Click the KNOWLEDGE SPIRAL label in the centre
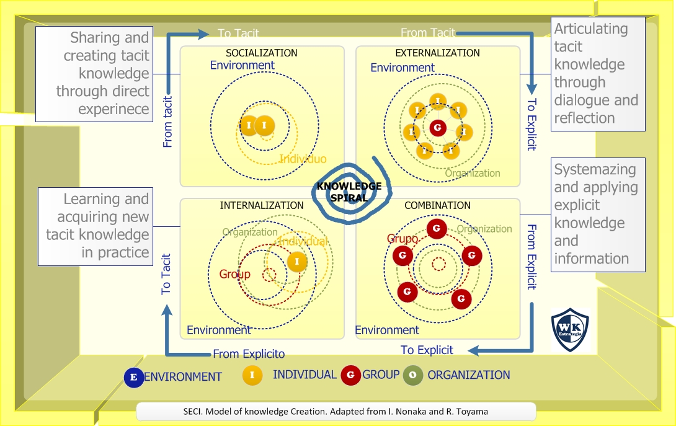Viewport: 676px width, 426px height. pos(349,192)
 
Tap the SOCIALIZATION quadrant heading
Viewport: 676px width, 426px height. pos(262,53)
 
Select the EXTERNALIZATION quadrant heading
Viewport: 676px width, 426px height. pos(437,53)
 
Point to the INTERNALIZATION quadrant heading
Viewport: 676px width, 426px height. pos(262,205)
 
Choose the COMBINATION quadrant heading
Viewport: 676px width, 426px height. pos(437,205)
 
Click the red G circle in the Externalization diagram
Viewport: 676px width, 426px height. pos(438,128)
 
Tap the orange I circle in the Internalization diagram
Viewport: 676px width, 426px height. pos(297,262)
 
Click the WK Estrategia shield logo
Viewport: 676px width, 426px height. pos(570,330)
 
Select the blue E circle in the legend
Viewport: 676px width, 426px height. pos(133,377)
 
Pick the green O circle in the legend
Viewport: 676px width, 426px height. pos(413,375)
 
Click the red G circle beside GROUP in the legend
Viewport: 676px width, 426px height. pos(351,375)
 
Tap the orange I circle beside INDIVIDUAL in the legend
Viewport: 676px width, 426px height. pos(252,375)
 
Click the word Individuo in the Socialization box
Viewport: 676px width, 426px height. pos(303,159)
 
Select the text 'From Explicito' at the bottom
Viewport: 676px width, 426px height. pos(249,354)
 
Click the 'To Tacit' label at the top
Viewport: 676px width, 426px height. pos(238,33)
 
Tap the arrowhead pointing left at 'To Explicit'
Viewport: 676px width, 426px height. pos(474,351)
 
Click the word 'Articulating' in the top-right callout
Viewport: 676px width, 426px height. pos(582,29)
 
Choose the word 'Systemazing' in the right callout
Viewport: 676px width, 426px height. pos(586,169)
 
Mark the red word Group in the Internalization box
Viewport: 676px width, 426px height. pos(235,274)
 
